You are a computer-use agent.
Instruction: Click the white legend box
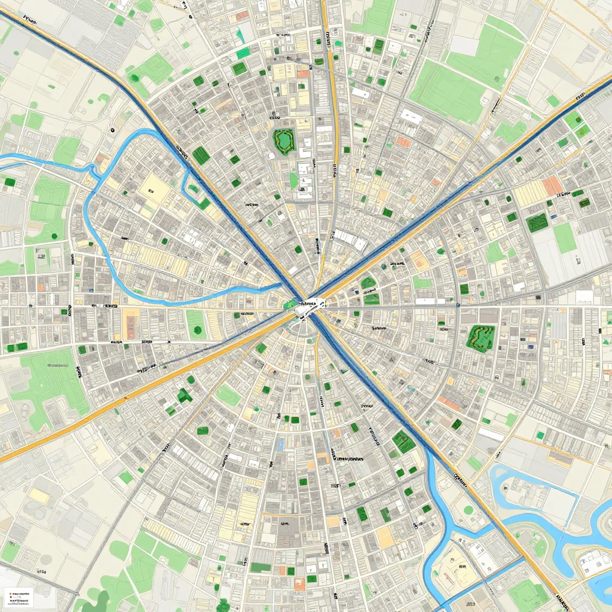point(19,595)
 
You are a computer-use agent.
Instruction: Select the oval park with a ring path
point(283,140)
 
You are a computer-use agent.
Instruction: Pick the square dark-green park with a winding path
point(480,336)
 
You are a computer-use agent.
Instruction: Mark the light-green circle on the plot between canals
point(469,510)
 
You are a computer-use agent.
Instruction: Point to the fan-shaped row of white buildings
point(351,240)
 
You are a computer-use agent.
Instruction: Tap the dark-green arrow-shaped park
point(184,395)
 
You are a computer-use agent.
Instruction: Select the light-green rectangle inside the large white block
point(565,237)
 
